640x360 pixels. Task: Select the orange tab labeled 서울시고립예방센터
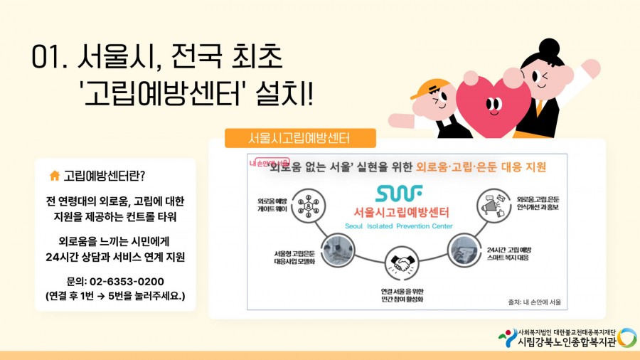[x=299, y=137]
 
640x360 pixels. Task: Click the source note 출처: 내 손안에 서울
[x=535, y=302]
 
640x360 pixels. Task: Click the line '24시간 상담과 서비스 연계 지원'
[x=114, y=257]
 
